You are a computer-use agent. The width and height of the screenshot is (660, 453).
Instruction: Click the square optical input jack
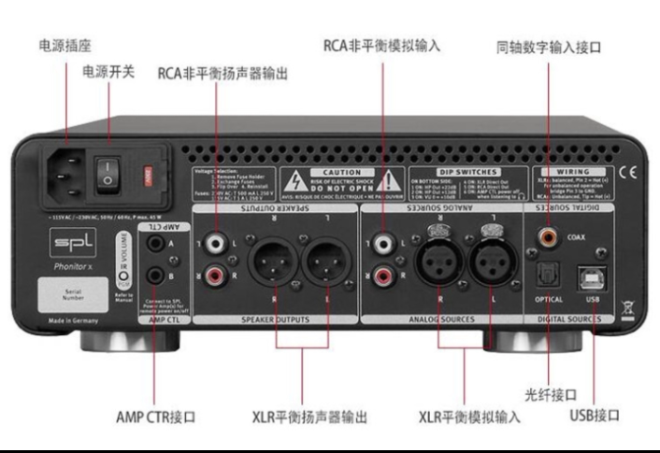549,273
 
